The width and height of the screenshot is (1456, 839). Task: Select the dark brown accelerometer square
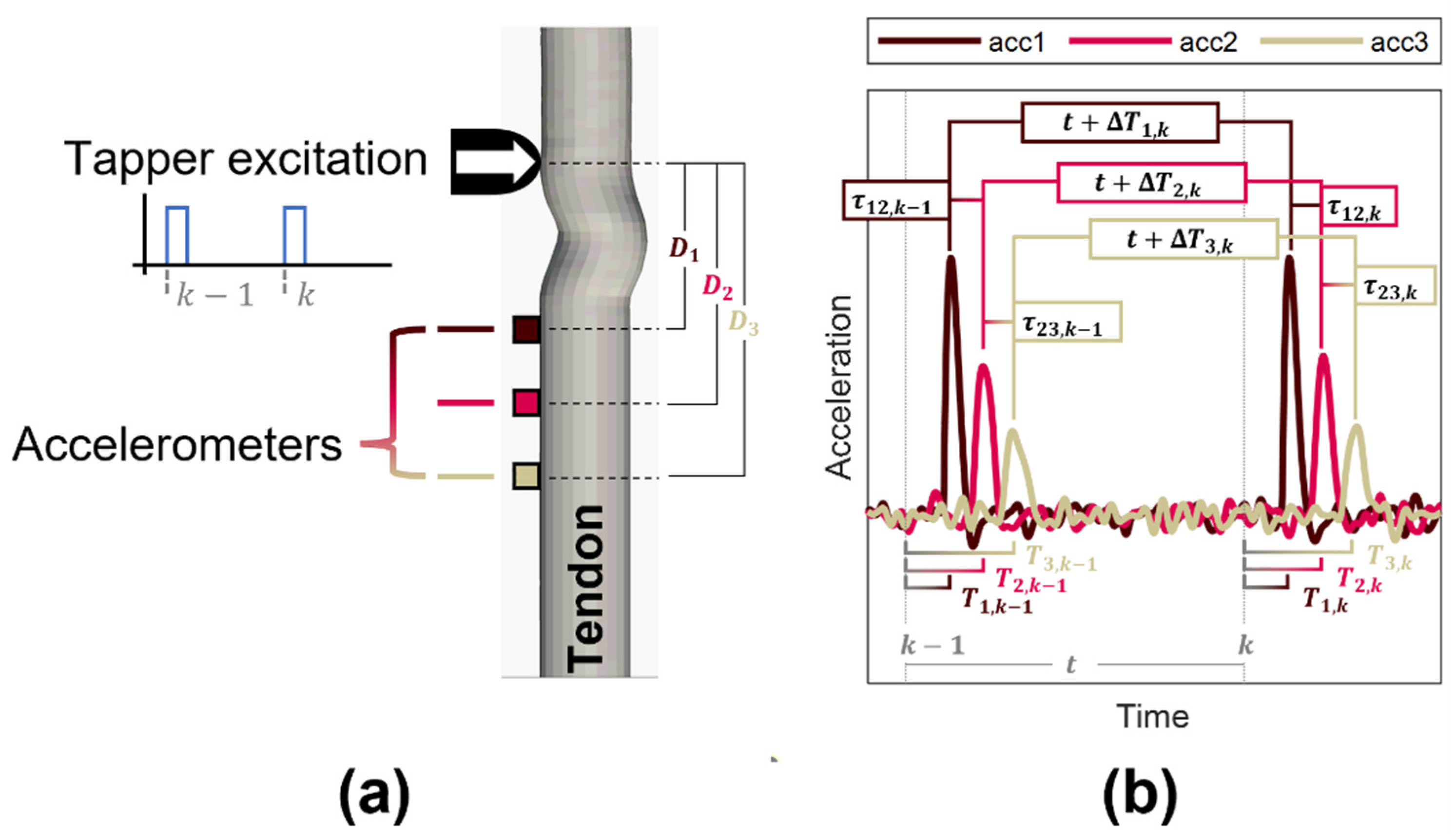click(525, 329)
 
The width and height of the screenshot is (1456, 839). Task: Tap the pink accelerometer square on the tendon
click(525, 403)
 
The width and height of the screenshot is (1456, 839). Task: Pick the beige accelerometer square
click(525, 477)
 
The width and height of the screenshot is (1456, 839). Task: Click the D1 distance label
click(683, 249)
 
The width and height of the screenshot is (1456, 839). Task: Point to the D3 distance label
click(743, 324)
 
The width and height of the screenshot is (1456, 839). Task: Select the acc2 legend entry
click(1153, 42)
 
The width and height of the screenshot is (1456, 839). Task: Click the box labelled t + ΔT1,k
click(1119, 122)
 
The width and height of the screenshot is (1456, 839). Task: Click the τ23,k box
click(1394, 285)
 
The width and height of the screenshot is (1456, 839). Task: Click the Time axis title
click(1153, 716)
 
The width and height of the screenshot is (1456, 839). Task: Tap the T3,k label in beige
click(1389, 556)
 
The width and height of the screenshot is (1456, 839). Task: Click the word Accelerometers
click(177, 445)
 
